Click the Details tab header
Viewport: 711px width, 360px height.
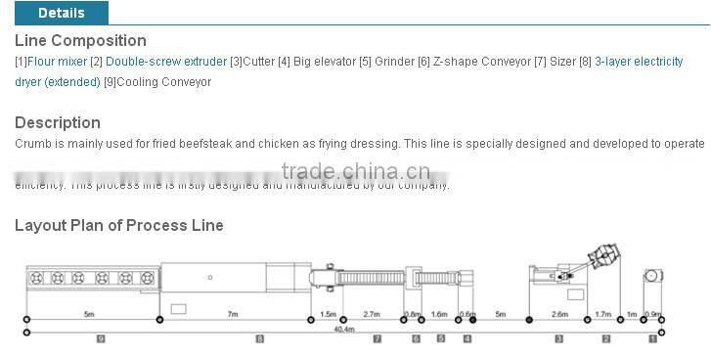coord(61,13)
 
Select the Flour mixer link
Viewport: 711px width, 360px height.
coord(58,62)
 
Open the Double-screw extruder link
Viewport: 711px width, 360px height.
coord(166,62)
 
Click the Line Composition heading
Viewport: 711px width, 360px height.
coord(80,41)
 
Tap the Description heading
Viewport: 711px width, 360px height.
coord(58,122)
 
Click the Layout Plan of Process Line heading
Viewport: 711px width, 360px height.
coord(119,225)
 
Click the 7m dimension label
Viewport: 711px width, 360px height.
coord(232,314)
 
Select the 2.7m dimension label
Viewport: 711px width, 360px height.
coord(372,314)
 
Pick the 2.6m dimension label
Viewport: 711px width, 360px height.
coord(559,314)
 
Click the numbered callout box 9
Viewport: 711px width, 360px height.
coord(100,338)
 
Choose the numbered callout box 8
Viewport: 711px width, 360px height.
coord(259,338)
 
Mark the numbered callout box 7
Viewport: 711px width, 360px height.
coord(377,338)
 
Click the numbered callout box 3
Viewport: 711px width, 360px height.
coord(558,338)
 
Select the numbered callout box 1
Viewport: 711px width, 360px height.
coord(653,338)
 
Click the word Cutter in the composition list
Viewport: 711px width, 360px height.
coord(258,62)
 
